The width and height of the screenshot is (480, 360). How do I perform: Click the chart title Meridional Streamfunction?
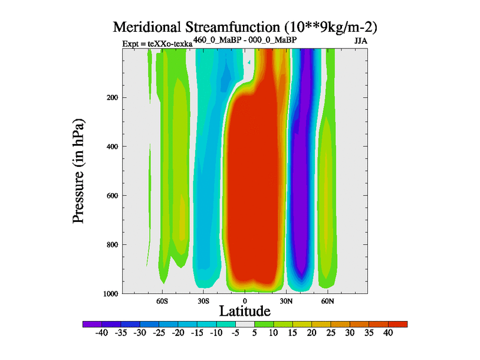[x=245, y=28]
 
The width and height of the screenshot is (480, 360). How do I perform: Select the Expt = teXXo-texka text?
[x=157, y=43]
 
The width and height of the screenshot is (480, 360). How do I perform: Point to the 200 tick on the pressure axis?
[x=110, y=97]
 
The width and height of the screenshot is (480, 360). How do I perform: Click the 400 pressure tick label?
[x=110, y=146]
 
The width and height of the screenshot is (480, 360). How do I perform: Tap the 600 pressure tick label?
[x=110, y=196]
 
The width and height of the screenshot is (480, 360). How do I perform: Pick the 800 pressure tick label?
[x=110, y=245]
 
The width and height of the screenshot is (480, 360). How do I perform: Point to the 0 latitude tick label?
[x=244, y=300]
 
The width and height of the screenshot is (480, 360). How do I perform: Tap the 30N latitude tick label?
[x=286, y=300]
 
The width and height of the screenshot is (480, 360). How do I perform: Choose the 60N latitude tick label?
[x=327, y=300]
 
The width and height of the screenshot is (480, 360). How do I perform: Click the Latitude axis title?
[x=245, y=311]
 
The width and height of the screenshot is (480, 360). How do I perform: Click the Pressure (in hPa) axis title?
[x=79, y=171]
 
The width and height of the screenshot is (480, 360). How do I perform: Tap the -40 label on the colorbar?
[x=102, y=334]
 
